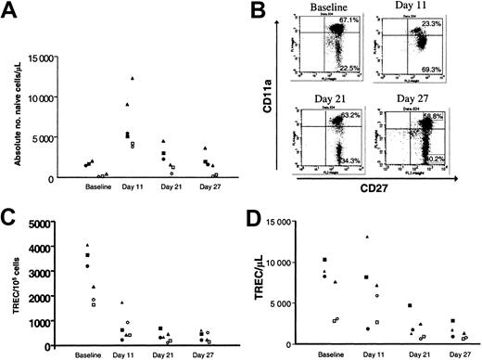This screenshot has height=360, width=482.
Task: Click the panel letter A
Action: pos(10,11)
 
